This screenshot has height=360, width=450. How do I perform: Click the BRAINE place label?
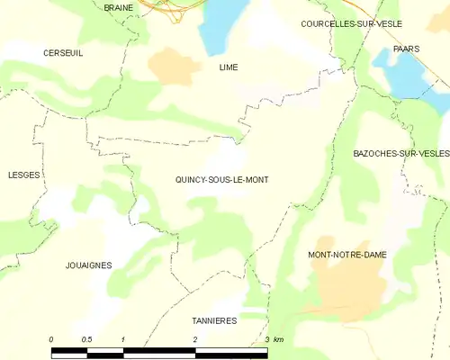click(118, 7)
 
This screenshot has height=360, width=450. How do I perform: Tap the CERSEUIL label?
click(63, 53)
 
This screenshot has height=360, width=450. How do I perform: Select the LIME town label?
click(228, 67)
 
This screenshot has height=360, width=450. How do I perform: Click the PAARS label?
click(407, 49)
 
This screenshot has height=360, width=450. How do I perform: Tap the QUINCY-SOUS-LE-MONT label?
click(221, 180)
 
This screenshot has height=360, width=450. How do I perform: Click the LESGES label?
click(24, 175)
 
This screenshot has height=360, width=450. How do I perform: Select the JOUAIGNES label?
click(88, 265)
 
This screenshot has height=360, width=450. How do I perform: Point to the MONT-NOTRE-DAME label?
click(346, 255)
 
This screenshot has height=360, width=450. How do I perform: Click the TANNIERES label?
click(214, 320)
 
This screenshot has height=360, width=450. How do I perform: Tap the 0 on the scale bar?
click(51, 338)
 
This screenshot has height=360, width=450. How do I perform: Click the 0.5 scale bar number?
click(85, 338)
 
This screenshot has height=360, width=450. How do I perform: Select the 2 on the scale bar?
click(194, 338)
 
